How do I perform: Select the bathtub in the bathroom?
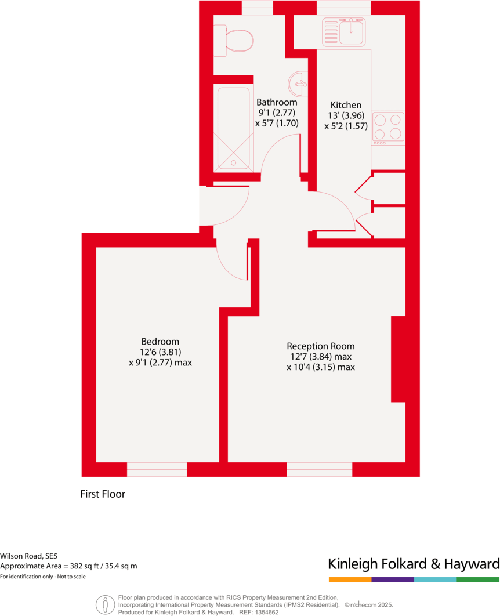(233, 127)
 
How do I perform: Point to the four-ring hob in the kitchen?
(388, 127)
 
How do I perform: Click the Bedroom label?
(160, 342)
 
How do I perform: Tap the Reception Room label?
(321, 346)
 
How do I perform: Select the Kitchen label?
(346, 105)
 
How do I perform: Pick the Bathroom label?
(277, 102)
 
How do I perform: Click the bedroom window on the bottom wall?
(157, 469)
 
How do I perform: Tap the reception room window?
(320, 469)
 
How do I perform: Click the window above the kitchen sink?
(343, 8)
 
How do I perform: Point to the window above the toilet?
(257, 8)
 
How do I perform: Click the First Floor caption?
(103, 494)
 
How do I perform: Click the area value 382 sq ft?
(78, 566)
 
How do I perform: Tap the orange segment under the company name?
(350, 579)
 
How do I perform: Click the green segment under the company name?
(477, 579)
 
